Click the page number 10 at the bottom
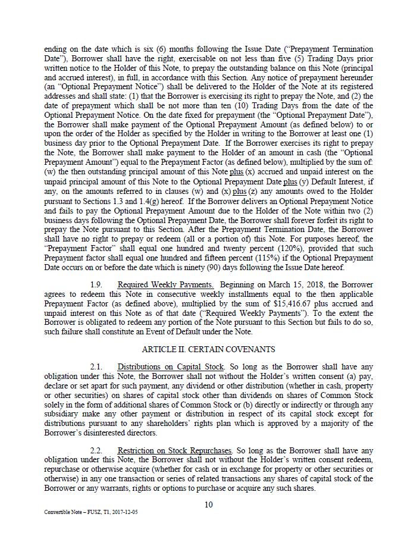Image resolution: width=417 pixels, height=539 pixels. click(208, 505)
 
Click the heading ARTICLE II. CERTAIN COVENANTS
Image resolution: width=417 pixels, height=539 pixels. click(208, 349)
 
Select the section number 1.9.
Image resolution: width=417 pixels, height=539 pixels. click(96, 285)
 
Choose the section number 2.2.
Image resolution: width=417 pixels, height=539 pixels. click(96, 450)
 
